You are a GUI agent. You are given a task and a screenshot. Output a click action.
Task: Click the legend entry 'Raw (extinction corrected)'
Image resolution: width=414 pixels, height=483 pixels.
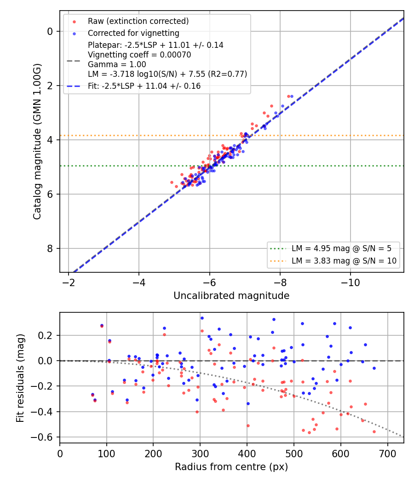tap(138, 21)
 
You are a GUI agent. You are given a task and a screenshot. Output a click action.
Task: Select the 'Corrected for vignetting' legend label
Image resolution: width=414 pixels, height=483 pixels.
tap(133, 33)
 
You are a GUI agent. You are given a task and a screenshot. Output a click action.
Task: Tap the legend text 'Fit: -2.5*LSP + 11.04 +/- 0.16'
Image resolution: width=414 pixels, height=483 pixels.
tap(144, 86)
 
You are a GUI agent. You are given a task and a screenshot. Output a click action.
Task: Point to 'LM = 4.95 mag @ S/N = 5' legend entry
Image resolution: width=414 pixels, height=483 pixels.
tap(341, 248)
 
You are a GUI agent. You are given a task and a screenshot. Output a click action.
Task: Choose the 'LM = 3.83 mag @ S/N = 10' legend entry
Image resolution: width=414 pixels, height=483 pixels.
tap(344, 261)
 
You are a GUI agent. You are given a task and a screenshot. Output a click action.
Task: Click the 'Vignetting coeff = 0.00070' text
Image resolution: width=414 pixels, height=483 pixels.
tap(139, 55)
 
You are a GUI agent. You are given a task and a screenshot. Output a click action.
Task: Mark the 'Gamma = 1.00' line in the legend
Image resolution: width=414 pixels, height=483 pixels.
tap(117, 64)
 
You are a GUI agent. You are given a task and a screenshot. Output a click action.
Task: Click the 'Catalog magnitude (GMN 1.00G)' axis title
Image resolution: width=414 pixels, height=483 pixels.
tap(37, 141)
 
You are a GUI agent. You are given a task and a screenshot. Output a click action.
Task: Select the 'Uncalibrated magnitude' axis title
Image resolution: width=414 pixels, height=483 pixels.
tap(231, 296)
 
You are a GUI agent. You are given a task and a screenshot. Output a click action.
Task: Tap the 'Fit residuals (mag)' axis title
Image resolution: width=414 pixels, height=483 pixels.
tap(20, 378)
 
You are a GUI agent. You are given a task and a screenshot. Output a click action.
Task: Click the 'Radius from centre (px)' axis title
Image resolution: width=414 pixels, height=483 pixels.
tap(231, 467)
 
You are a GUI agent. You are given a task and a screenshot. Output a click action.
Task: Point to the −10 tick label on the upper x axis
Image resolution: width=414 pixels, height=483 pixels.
tap(350, 283)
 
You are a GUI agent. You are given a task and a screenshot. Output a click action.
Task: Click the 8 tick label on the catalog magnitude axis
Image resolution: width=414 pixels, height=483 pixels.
tap(50, 248)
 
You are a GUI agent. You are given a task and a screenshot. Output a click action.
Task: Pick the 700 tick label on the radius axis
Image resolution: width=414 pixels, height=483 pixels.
tap(387, 454)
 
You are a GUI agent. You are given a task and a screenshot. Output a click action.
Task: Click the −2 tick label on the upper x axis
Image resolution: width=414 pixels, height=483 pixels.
tap(69, 283)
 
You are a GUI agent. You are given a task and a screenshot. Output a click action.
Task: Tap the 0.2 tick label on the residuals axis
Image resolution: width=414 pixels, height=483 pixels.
tap(46, 335)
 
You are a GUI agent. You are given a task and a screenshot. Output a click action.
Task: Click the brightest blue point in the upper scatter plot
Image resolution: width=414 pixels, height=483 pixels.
tap(292, 97)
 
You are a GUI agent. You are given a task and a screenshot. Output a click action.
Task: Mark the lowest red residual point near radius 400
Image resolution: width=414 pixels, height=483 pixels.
tap(248, 425)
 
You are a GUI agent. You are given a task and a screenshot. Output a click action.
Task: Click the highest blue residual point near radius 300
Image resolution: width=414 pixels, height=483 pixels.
tap(202, 318)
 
